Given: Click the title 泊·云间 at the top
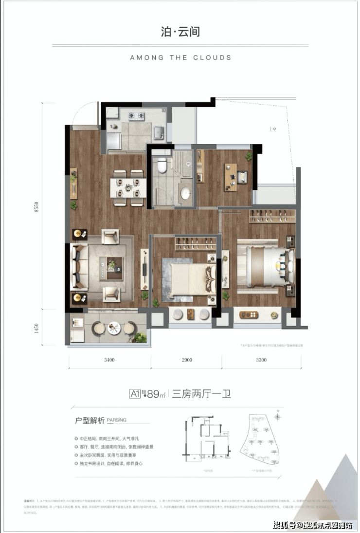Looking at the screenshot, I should [180, 32].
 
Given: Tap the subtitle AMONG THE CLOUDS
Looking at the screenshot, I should [180, 57].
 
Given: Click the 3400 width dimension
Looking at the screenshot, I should [109, 361].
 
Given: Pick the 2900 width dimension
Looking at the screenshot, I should [186, 361].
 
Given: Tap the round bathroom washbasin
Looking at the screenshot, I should [186, 193].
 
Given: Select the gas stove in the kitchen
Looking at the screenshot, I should [136, 116].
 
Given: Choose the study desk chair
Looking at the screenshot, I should [242, 177].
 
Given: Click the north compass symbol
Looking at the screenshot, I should [277, 416].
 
